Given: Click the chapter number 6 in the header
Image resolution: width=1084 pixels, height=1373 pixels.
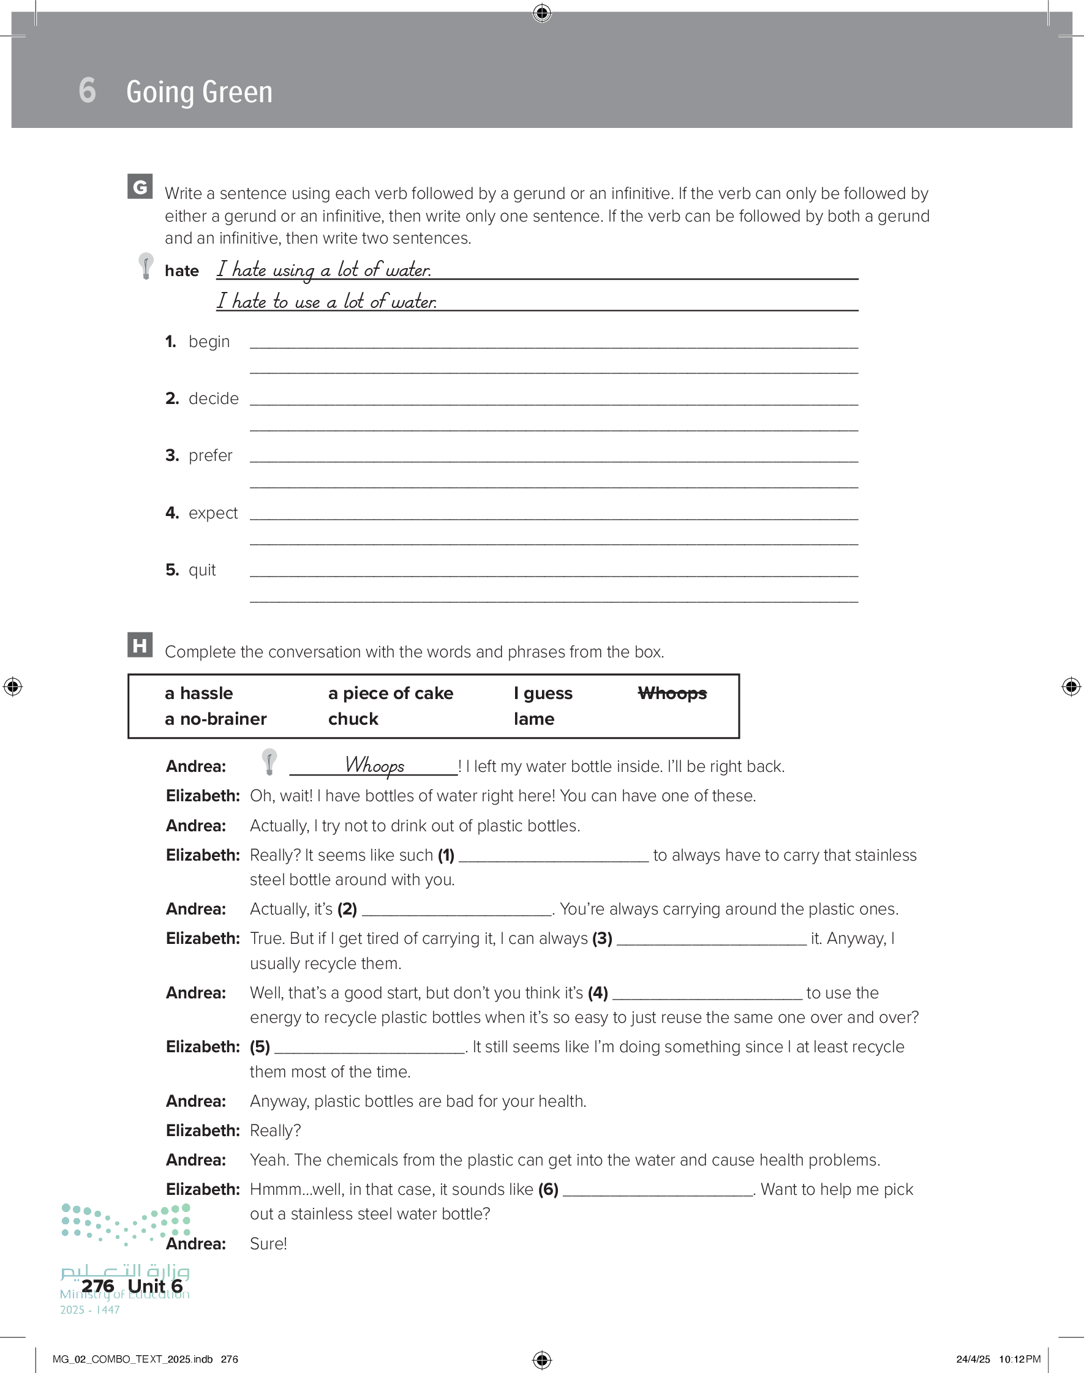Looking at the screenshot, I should [88, 90].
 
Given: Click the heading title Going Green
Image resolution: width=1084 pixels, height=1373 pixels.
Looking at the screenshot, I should [199, 92].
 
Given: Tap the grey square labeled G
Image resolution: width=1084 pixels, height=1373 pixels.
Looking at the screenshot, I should [140, 187].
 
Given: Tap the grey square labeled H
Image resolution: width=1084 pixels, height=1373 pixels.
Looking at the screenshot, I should [140, 645].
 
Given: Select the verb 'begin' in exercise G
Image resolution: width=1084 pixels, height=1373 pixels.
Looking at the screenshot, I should [209, 342].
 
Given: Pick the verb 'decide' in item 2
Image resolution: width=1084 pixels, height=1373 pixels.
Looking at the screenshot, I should [213, 399].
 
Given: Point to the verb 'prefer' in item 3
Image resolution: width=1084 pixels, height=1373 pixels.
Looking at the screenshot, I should [210, 456].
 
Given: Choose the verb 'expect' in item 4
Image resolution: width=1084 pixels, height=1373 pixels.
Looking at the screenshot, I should [213, 513].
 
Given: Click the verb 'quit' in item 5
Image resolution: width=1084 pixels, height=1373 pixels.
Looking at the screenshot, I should [202, 570].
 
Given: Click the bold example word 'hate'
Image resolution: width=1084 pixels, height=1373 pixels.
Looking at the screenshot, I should [181, 271].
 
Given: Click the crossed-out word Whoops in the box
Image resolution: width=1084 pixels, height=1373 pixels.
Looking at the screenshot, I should [672, 693].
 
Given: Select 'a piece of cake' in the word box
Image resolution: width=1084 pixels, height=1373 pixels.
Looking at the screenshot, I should [390, 693].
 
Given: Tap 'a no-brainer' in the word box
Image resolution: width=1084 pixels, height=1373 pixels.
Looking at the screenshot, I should [215, 719].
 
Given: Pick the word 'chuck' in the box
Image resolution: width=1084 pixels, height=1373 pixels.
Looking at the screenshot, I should [353, 719].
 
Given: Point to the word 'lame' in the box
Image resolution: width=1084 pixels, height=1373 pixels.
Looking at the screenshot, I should [534, 719].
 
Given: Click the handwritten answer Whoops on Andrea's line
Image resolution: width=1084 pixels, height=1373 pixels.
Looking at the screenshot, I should [374, 765].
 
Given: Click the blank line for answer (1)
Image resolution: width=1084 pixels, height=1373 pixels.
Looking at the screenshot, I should [554, 857].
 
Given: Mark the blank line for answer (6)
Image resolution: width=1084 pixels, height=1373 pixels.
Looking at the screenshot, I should [658, 1191].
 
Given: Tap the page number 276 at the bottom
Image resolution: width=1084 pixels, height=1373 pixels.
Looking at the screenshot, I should [98, 1286].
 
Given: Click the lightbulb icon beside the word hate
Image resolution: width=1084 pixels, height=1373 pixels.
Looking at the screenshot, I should [146, 265].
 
